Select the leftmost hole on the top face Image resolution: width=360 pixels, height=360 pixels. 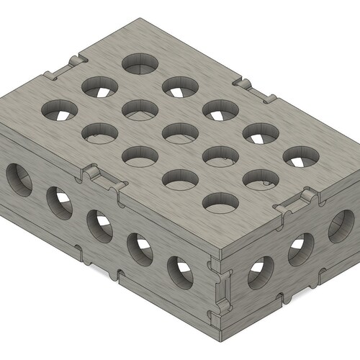pos(60,110)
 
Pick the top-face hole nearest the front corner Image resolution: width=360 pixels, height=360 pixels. pos(220,202)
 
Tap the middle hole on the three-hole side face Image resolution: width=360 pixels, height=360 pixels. pos(300,248)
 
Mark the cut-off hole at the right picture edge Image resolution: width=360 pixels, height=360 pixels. pos(341,225)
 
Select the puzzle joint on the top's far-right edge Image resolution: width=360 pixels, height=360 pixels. pos(256,91)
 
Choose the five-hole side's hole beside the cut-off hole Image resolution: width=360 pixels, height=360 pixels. pos(60,202)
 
